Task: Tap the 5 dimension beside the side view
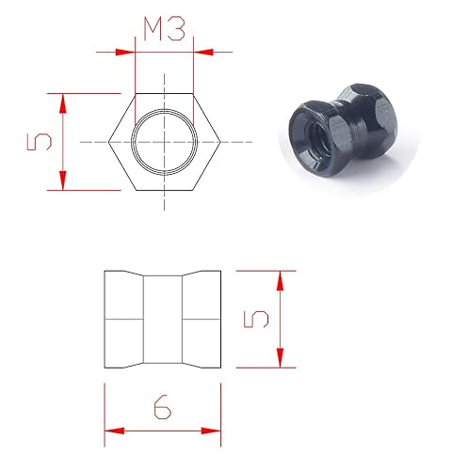(x=256, y=320)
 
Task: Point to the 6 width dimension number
(x=162, y=407)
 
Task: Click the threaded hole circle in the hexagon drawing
(x=164, y=142)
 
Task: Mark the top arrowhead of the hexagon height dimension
(x=63, y=100)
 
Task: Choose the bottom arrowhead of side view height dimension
(x=280, y=362)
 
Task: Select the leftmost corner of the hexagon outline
(x=109, y=142)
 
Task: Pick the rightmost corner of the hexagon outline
(x=218, y=142)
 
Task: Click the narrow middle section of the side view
(x=163, y=320)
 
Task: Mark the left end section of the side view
(x=122, y=320)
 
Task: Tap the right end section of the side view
(x=203, y=320)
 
